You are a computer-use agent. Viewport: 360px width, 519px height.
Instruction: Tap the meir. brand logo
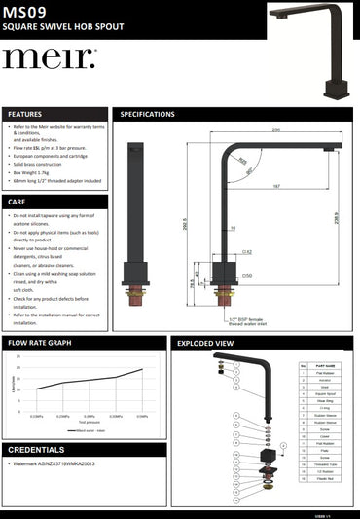click(49, 58)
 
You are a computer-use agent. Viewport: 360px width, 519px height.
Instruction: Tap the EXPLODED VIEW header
click(204, 344)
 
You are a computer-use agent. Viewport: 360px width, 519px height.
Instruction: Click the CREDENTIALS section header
click(37, 450)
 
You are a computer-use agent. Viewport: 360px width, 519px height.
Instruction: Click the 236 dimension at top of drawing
click(276, 129)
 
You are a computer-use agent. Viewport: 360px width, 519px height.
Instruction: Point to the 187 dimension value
click(277, 186)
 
